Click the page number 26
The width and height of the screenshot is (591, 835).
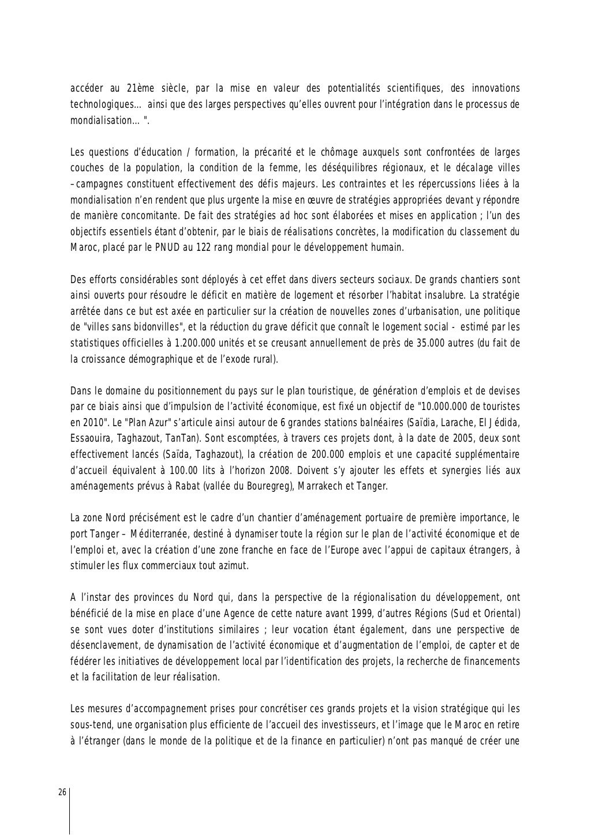tap(62, 792)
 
